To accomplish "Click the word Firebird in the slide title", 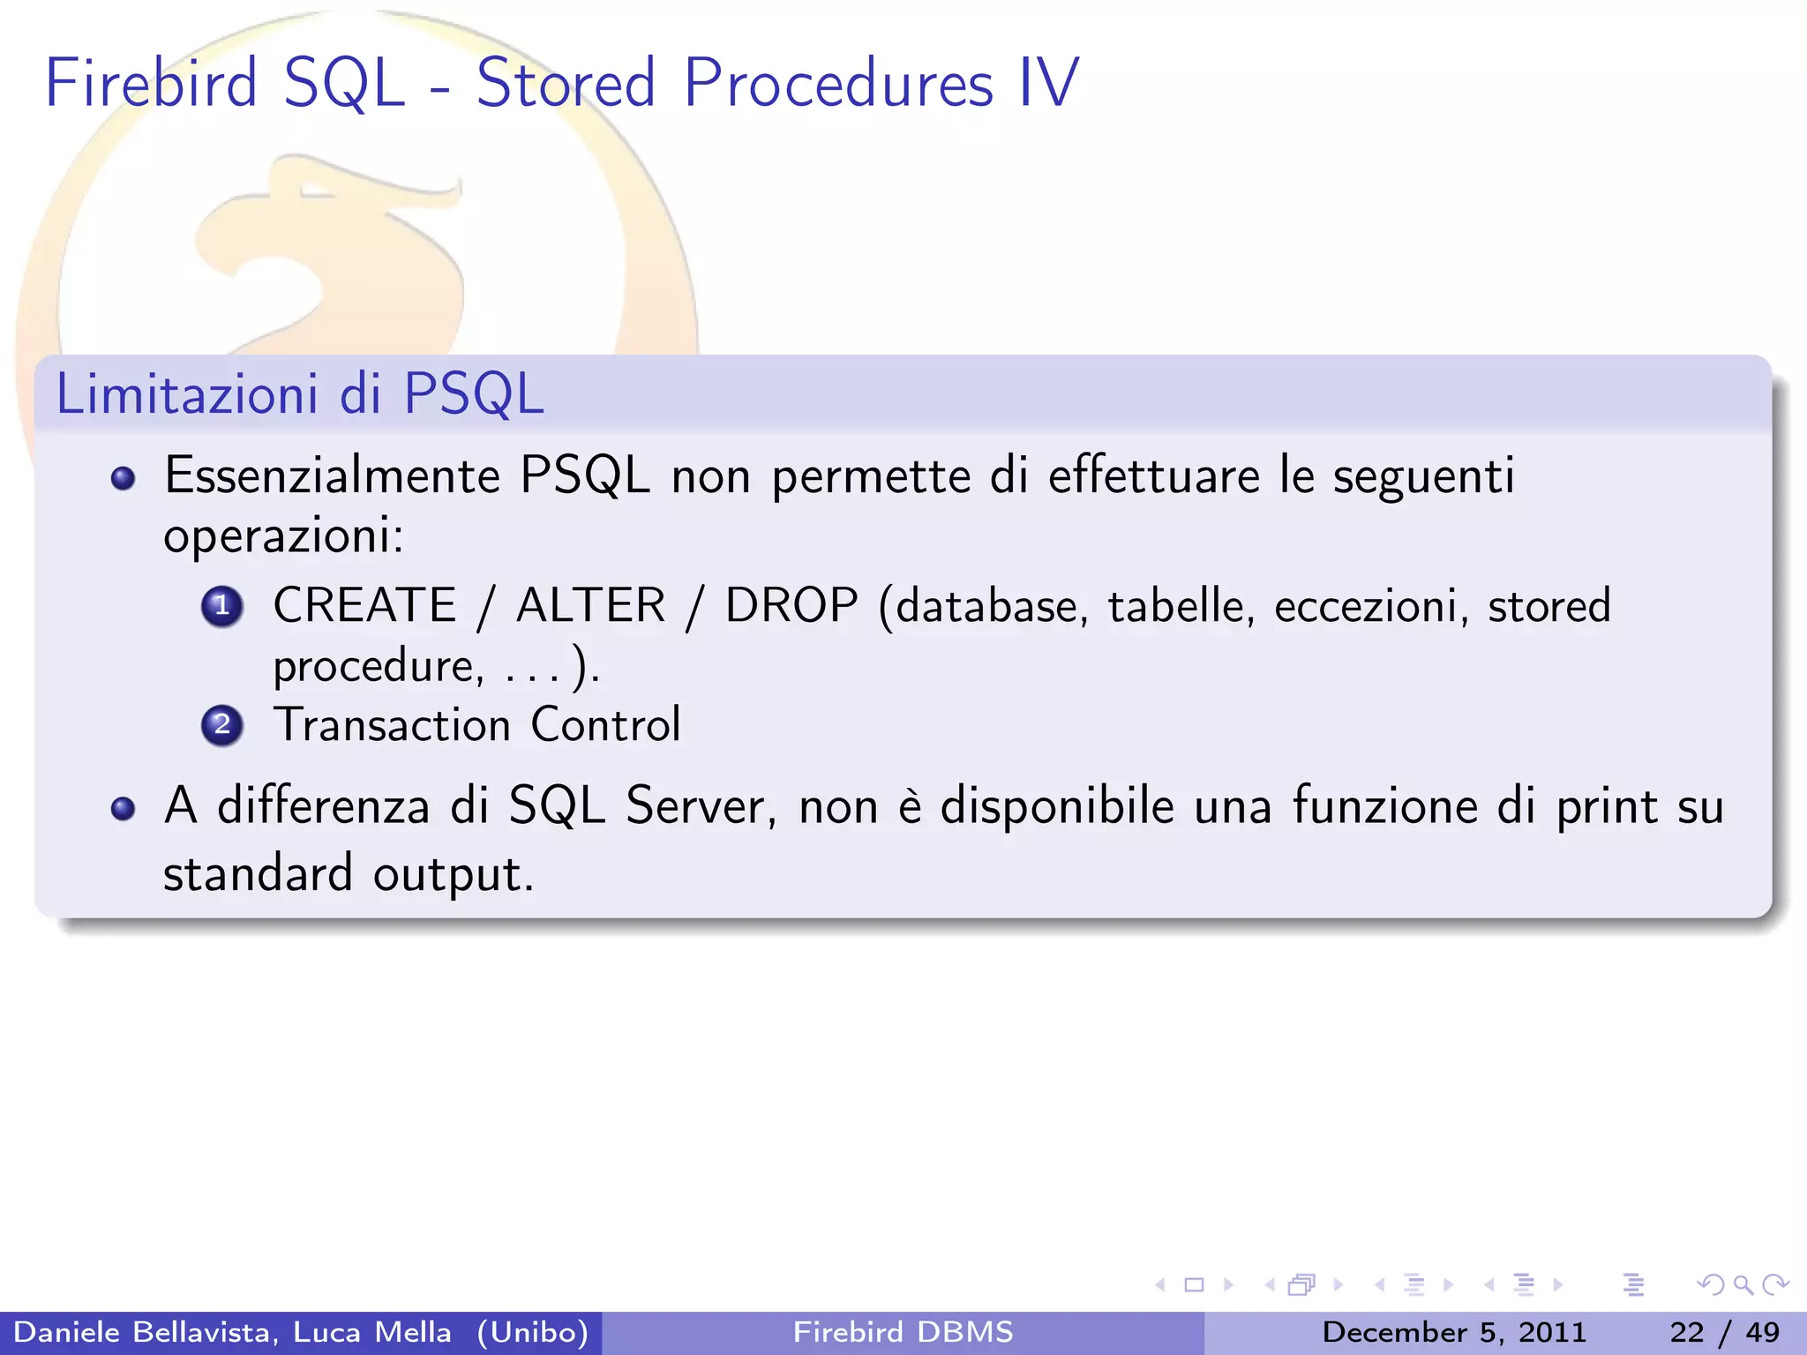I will pos(150,83).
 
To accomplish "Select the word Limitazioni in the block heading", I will pos(186,393).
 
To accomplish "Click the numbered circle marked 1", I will pos(222,606).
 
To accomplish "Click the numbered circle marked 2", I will pos(222,725).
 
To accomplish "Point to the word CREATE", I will pos(364,606).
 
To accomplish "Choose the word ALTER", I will pos(590,606).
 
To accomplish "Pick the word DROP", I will pos(791,606).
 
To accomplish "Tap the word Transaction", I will pos(392,725).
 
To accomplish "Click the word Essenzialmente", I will pos(333,476).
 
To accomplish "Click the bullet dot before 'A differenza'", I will pos(124,808).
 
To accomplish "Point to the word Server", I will pos(701,806).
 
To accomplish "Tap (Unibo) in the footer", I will pos(532,1332).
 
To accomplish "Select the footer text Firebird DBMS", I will pos(903,1332).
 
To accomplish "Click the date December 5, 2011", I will pos(1454,1332).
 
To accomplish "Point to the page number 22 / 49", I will pos(1724,1332).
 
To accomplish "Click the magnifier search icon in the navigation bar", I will pos(1743,1284).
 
